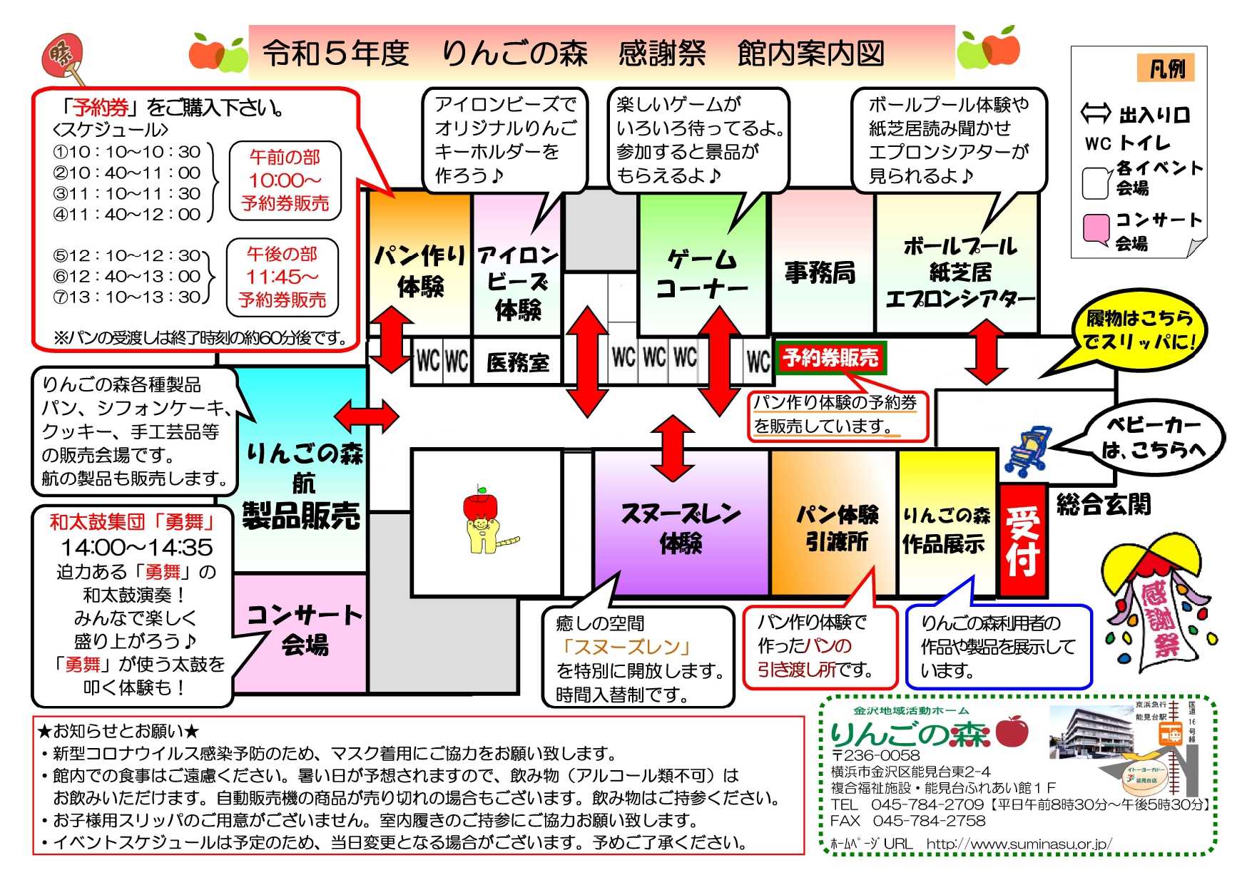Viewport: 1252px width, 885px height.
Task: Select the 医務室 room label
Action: tap(518, 363)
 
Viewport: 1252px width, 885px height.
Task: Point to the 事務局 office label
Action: tap(820, 272)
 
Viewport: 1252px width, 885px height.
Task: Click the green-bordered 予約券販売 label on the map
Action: tap(830, 357)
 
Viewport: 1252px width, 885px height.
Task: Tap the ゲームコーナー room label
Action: tap(702, 273)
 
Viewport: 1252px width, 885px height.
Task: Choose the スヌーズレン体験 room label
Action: tap(681, 527)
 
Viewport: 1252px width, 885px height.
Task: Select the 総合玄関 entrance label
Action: tap(1104, 505)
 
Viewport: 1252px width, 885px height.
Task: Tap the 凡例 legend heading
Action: tap(1166, 69)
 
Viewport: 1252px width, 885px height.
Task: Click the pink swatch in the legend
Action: tap(1095, 227)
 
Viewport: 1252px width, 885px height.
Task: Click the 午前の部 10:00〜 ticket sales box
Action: tap(285, 180)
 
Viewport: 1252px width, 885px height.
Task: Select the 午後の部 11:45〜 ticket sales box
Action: tap(282, 277)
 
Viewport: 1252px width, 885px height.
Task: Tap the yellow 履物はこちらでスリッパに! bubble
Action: tap(1138, 330)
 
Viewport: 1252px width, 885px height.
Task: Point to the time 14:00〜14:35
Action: tap(136, 548)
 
